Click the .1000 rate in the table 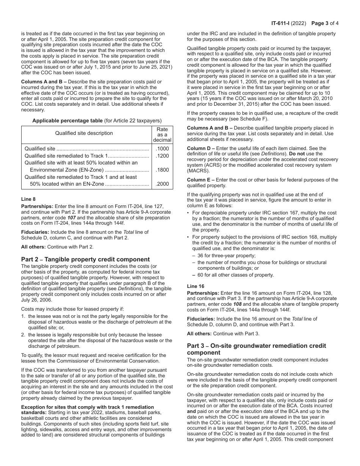pos(162,149)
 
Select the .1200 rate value pos(162,156)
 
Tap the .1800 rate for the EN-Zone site pos(162,170)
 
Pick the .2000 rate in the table pos(162,184)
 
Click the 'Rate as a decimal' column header pos(162,134)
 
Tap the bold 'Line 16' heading pos(196,286)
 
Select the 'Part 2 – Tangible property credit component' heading pos(85,260)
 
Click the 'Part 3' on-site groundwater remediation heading pos(256,349)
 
